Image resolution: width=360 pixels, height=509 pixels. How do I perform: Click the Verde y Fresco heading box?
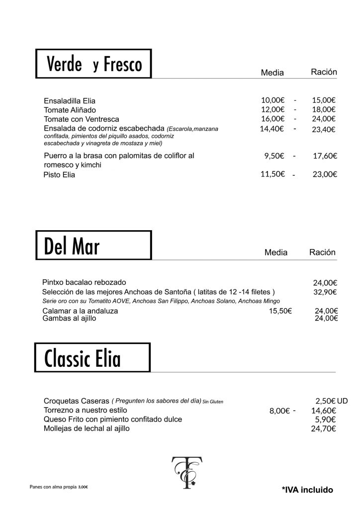click(93, 64)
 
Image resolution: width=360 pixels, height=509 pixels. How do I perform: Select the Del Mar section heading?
click(93, 245)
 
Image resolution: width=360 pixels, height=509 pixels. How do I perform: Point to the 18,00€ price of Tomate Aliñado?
click(324, 109)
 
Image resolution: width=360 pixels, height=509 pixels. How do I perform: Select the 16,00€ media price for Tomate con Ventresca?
click(272, 119)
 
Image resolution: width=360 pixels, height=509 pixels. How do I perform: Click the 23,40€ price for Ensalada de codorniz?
click(324, 129)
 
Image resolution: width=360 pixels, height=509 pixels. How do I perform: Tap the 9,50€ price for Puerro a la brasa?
click(274, 156)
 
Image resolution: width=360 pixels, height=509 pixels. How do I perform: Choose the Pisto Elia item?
click(59, 175)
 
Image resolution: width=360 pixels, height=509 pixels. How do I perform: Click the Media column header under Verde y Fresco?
click(272, 73)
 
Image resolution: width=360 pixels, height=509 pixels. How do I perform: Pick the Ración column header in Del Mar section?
click(322, 252)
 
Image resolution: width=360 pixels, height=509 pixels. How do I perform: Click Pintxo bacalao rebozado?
click(85, 281)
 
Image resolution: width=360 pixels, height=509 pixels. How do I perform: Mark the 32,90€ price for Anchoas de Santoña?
click(325, 292)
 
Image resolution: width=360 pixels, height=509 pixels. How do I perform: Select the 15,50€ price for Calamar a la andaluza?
click(280, 311)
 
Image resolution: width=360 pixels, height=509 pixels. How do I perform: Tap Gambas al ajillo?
click(70, 319)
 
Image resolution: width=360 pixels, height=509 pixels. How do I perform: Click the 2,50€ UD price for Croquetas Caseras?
click(331, 400)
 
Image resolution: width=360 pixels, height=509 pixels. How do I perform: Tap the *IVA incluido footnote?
click(307, 490)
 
